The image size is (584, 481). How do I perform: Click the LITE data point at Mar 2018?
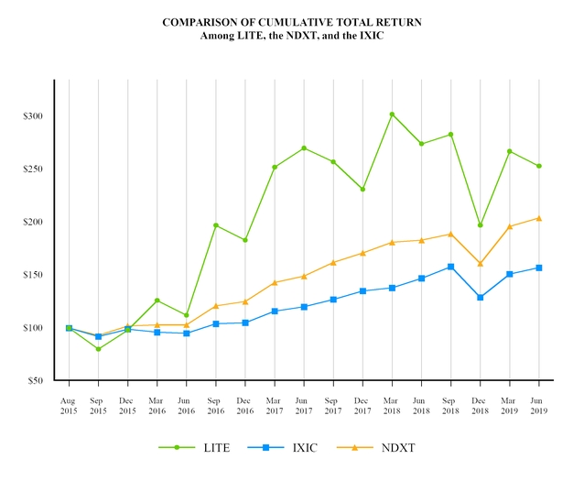392,115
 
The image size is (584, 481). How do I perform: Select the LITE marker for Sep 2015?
98,349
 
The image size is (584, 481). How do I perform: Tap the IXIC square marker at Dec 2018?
480,298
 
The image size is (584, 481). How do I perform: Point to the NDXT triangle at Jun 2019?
538,218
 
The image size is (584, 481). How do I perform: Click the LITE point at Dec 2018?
480,225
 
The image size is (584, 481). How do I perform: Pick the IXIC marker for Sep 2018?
450,267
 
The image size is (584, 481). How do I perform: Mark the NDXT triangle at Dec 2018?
480,264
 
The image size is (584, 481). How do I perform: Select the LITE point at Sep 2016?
216,225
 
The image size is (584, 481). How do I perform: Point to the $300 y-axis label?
34,116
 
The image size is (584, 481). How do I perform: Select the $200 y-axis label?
34,222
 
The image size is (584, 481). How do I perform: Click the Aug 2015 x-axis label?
69,407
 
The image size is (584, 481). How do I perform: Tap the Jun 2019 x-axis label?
538,407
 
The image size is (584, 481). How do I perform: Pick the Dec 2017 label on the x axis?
362,407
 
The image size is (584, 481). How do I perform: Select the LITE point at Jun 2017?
304,148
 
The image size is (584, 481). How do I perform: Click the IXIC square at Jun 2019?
538,268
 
